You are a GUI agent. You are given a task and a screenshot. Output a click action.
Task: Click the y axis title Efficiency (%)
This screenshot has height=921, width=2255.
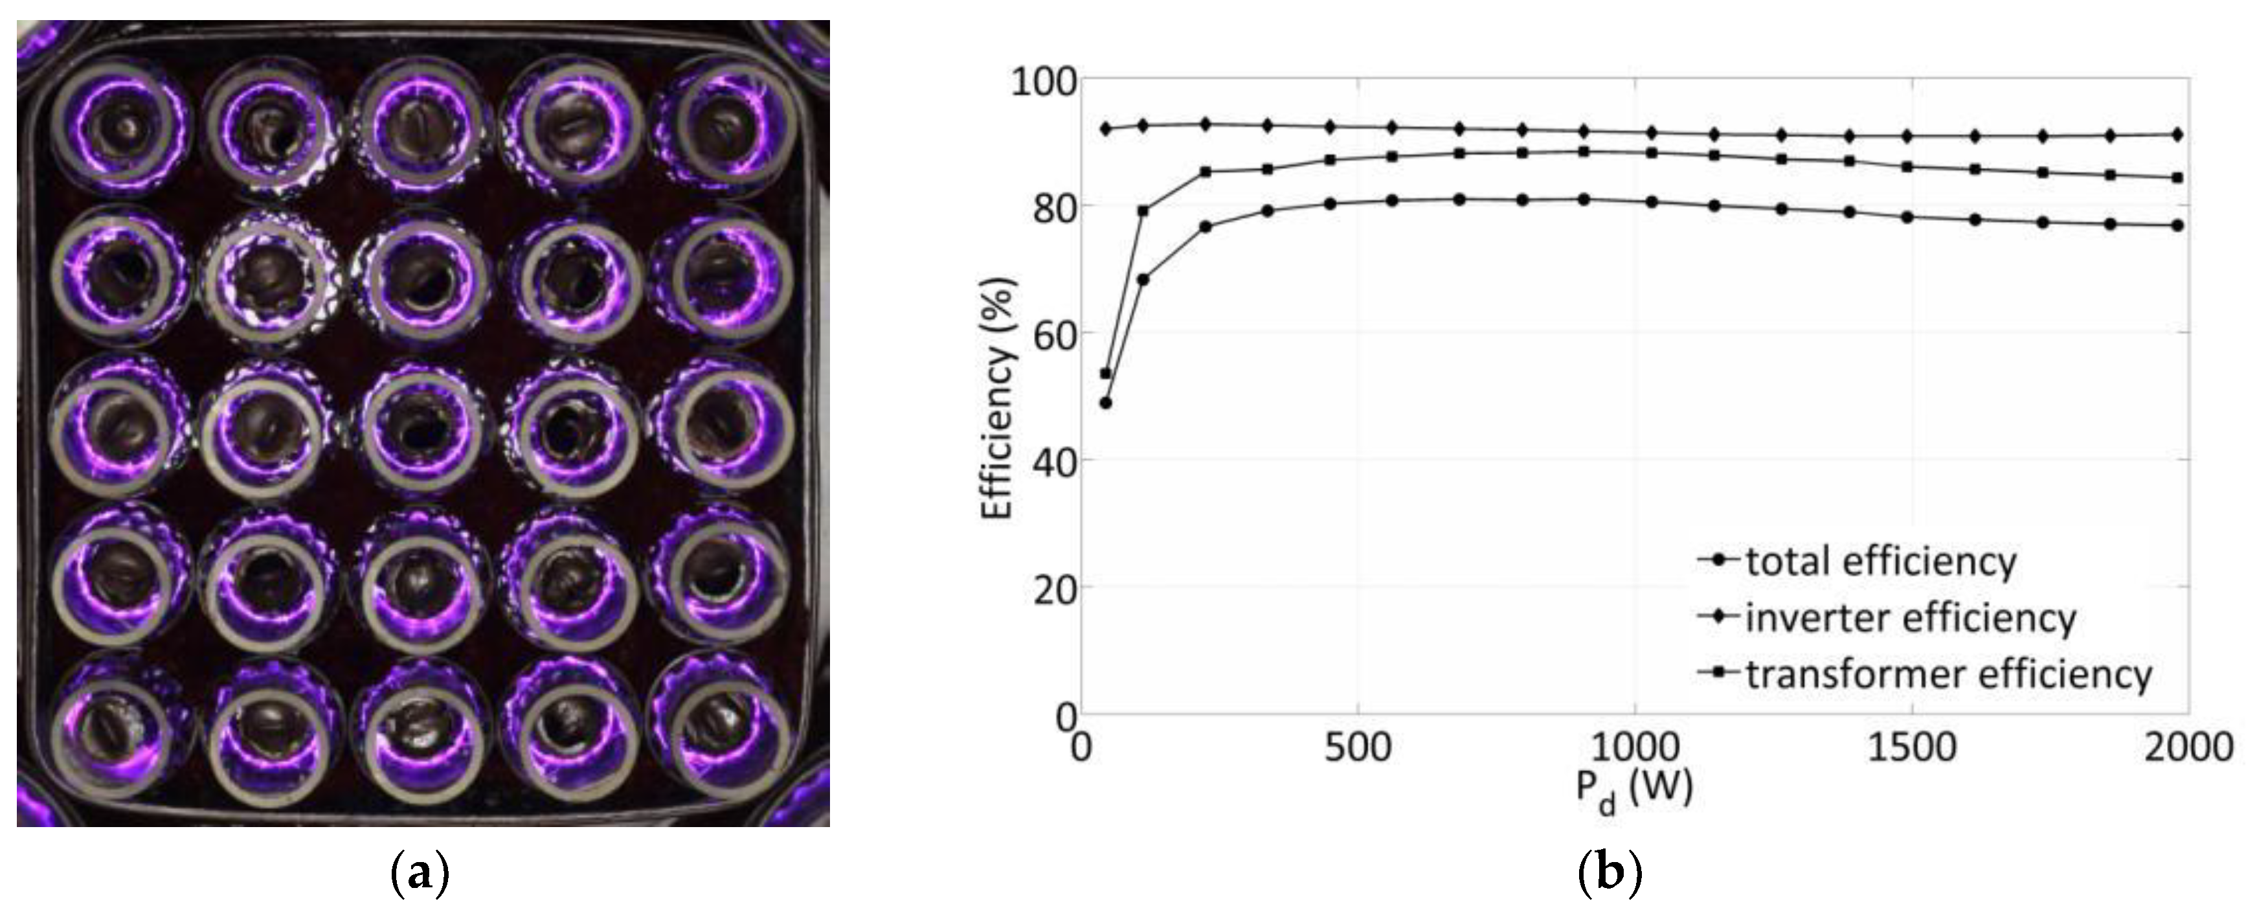pyautogui.click(x=997, y=398)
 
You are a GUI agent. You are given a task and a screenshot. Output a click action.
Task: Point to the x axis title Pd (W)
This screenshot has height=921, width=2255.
pyautogui.click(x=1633, y=791)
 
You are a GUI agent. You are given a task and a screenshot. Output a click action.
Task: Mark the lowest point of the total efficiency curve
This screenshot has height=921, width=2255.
pyautogui.click(x=1106, y=403)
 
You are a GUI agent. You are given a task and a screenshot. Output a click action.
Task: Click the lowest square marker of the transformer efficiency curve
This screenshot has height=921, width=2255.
pyautogui.click(x=1106, y=374)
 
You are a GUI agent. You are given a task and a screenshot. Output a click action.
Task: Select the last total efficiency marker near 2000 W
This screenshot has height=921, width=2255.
pyautogui.click(x=2177, y=225)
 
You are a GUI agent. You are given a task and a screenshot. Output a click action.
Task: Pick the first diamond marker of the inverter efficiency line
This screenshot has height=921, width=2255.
pyautogui.click(x=1106, y=129)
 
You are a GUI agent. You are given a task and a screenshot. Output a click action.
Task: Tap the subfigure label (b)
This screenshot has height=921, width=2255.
pyautogui.click(x=1609, y=874)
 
